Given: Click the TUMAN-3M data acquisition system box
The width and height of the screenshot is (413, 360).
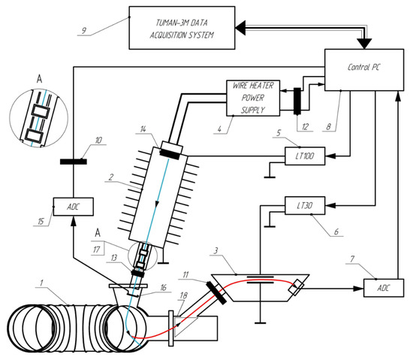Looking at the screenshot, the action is (182, 28).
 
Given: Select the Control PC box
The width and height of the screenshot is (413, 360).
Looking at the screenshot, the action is (364, 70).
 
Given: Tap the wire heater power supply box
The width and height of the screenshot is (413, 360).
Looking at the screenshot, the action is (253, 98).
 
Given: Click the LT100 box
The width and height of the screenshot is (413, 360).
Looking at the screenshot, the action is (305, 156).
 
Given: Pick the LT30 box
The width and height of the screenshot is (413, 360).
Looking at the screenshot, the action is (305, 206).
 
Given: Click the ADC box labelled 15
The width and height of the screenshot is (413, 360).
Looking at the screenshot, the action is (74, 207).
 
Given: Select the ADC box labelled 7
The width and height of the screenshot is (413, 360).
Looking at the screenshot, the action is (384, 288).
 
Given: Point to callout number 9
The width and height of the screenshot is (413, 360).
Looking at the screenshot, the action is (84, 31).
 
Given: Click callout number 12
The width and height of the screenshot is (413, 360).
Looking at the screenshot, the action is (305, 127).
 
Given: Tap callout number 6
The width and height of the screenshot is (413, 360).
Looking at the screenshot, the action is (336, 232).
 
